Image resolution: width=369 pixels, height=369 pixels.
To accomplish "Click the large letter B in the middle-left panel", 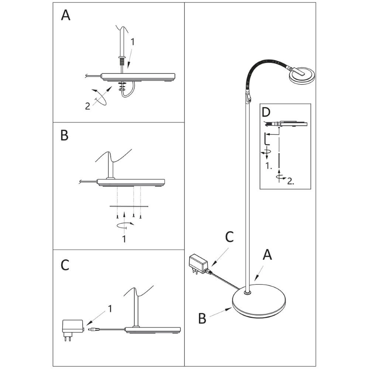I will click(x=65, y=135).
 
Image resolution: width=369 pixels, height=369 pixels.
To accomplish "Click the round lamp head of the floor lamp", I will click(x=302, y=75).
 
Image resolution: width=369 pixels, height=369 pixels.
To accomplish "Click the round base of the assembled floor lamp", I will click(x=258, y=303).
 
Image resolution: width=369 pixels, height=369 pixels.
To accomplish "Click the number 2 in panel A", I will click(x=87, y=106).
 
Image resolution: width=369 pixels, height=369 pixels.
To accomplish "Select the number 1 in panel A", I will click(x=133, y=42).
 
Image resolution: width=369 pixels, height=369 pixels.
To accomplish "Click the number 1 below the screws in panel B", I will click(x=124, y=239).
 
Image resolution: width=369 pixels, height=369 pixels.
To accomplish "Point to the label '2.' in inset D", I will click(x=290, y=181).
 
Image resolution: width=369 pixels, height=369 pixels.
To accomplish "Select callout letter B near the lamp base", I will click(x=202, y=318).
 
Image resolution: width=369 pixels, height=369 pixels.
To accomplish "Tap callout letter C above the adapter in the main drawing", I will click(x=230, y=237).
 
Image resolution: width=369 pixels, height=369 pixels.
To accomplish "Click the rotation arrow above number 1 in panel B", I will click(x=124, y=224).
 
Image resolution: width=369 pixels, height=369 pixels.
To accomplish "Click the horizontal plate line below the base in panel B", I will click(x=128, y=206).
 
